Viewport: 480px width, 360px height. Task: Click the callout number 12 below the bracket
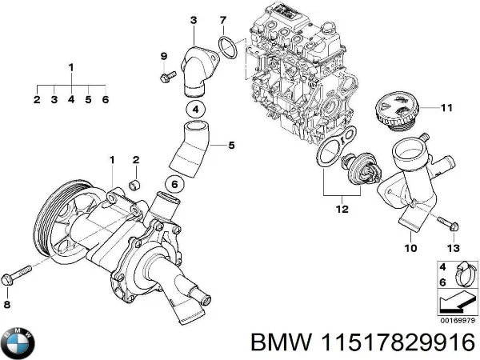click(x=342, y=210)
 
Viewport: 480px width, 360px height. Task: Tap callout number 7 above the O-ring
click(x=223, y=19)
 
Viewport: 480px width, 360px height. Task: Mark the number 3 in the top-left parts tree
click(x=54, y=100)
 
